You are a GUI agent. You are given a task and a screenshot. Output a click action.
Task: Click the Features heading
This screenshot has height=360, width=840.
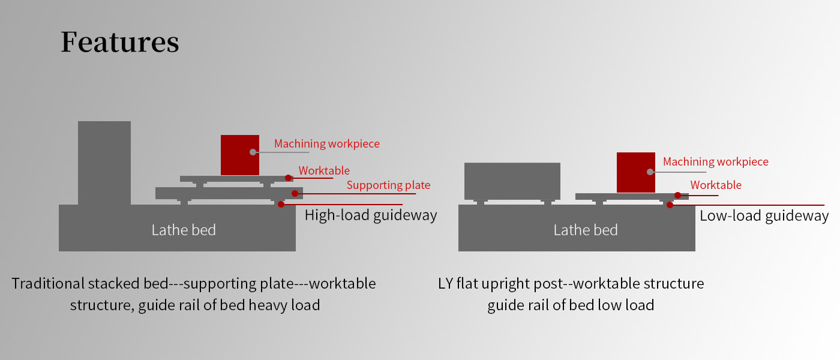[120, 41]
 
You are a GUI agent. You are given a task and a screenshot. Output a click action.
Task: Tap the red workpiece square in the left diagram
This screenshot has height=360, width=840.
[240, 155]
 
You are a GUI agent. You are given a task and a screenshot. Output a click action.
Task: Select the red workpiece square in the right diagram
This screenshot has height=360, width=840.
[636, 173]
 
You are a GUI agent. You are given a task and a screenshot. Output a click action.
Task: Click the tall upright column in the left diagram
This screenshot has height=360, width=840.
[104, 163]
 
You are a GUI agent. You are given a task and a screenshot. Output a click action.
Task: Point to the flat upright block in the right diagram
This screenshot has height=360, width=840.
[512, 181]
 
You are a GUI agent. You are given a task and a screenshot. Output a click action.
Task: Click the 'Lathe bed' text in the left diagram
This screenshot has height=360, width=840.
[184, 230]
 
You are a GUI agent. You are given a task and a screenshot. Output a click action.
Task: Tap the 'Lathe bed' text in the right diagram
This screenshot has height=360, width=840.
[586, 230]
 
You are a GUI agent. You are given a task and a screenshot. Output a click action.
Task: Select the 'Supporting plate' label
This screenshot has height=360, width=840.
[389, 185]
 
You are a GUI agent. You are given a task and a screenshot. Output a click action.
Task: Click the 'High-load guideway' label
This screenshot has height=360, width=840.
[371, 215]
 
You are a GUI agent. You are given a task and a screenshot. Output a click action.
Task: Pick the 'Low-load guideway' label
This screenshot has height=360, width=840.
[764, 216]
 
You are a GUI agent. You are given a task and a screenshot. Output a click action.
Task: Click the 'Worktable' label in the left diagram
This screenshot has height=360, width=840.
[324, 170]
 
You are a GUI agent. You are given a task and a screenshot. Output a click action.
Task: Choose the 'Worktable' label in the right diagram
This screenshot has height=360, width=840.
[716, 185]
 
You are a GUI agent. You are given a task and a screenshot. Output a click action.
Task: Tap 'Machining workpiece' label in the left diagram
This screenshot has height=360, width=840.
[327, 144]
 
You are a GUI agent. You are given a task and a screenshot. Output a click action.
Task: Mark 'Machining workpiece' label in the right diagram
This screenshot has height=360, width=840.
[716, 162]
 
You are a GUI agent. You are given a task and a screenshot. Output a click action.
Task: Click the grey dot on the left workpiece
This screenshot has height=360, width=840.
[253, 152]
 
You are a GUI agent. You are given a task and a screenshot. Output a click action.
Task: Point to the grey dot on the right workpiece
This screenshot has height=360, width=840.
[650, 172]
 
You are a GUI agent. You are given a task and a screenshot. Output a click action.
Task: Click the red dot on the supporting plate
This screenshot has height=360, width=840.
[295, 193]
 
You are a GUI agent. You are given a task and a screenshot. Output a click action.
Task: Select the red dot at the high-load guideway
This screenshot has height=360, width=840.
[281, 205]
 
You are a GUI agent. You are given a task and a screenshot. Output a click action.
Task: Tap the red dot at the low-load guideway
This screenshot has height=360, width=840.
[670, 205]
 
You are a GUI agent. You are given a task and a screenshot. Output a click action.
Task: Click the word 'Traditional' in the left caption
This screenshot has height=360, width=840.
[49, 283]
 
